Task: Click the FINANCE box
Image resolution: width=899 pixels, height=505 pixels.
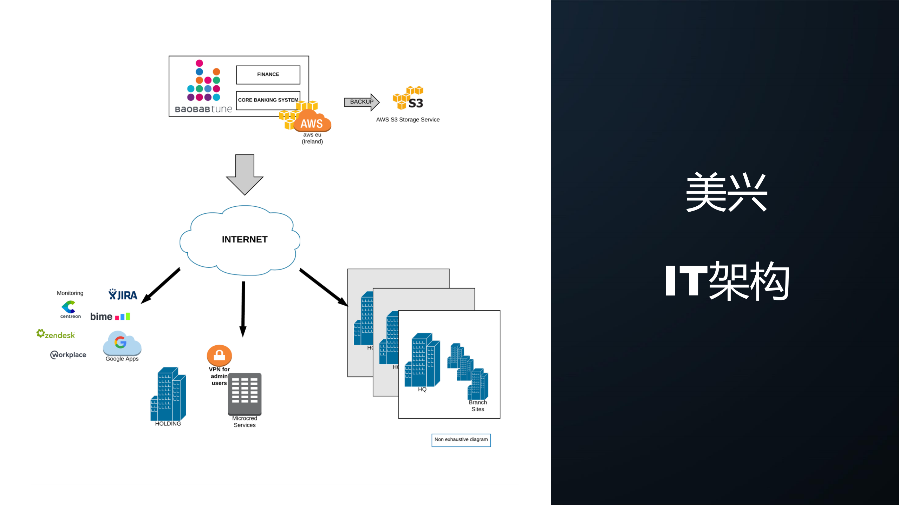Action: coord(268,74)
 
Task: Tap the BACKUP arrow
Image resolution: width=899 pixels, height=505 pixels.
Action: coord(361,102)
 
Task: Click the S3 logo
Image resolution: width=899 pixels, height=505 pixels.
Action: coord(408,98)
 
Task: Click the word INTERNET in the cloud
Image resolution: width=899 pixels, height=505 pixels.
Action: coord(245,239)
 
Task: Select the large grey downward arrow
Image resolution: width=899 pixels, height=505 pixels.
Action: coord(245,174)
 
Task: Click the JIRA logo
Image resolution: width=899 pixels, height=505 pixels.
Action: coord(123,295)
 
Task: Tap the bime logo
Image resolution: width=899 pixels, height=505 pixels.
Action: coord(110,317)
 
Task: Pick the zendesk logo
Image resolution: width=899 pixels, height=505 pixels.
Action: coord(56,334)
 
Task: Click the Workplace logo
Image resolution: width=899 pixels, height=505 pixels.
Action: coord(68,355)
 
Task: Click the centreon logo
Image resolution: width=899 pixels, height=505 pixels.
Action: coord(70,309)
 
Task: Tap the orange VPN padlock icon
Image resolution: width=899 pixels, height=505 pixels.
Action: coord(219,355)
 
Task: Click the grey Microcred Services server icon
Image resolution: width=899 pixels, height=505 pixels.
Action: coord(245,394)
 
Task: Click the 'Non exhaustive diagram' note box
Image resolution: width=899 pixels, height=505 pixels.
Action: coord(461,440)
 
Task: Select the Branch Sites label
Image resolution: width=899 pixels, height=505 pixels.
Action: coord(477,406)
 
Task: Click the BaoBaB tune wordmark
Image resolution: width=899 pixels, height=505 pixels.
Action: coord(203,109)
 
